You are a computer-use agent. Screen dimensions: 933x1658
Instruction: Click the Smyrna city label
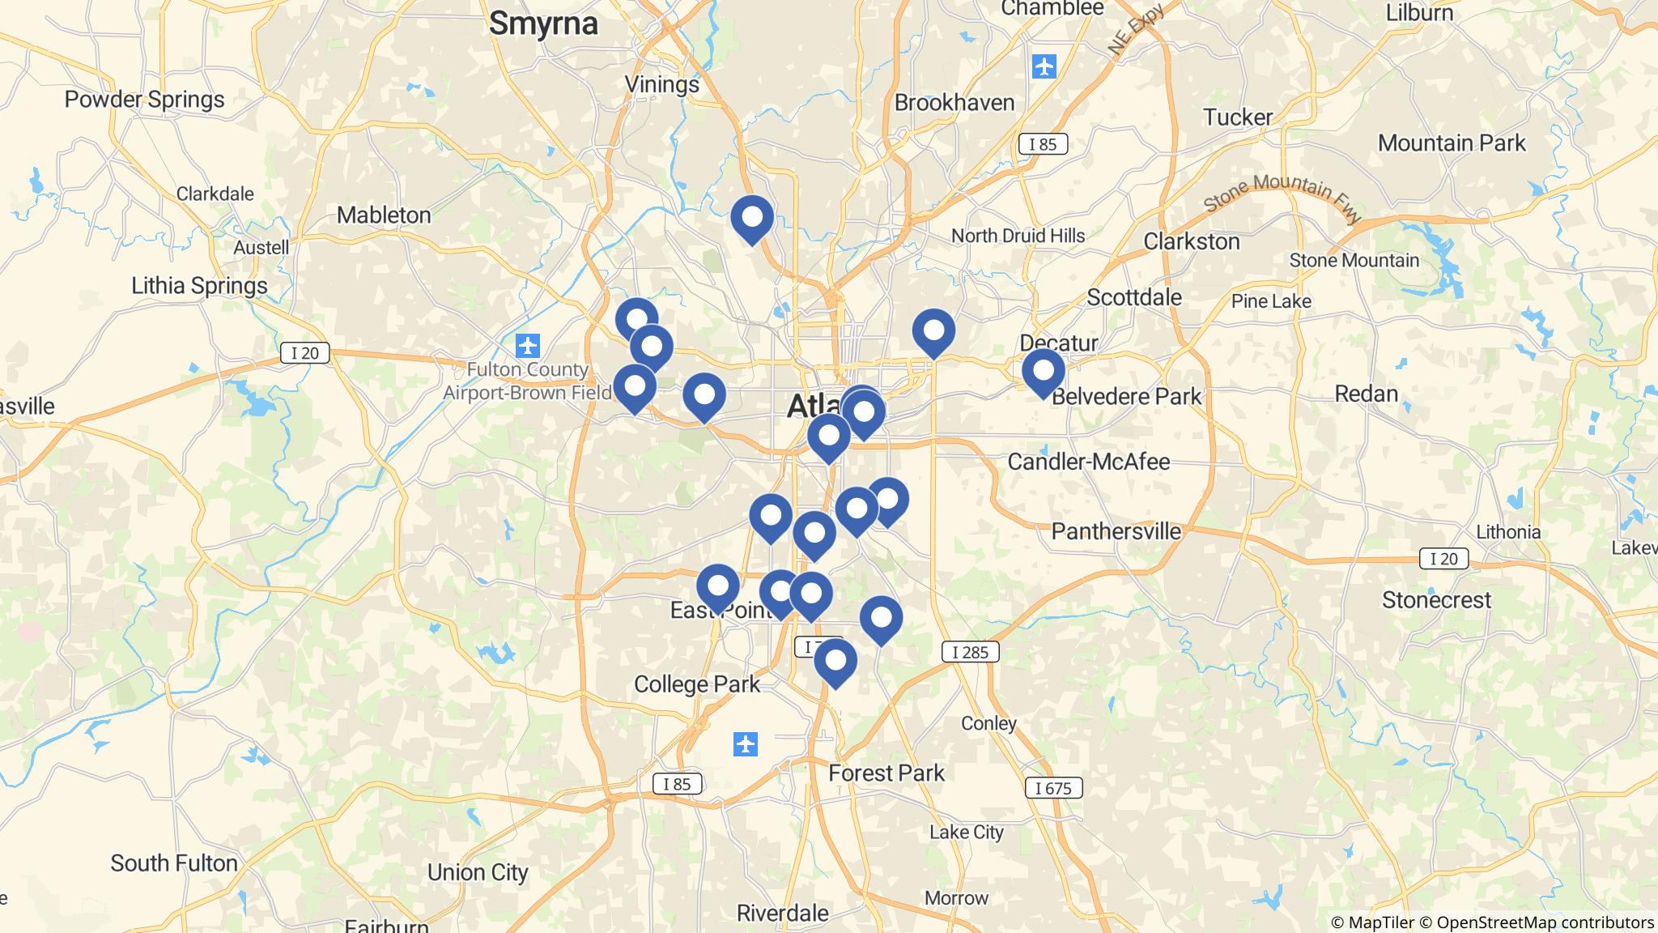point(543,23)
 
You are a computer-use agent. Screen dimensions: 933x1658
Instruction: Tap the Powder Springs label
point(145,100)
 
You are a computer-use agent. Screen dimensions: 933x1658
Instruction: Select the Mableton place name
point(384,215)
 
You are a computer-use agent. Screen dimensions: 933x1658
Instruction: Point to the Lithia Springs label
point(199,286)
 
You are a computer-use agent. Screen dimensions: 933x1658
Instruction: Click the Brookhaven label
point(954,104)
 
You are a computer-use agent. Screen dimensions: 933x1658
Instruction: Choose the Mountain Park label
point(1452,143)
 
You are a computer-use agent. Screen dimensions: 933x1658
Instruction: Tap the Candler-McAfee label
point(1089,462)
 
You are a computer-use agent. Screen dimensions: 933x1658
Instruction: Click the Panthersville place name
point(1116,532)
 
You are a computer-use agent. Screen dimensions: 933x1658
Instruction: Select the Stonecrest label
point(1436,601)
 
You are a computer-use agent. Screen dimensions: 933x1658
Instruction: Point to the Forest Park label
point(886,773)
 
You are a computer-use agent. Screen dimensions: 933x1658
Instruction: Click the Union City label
point(478,873)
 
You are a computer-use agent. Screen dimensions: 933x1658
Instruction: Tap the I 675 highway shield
point(1052,788)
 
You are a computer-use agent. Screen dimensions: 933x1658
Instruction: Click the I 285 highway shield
point(970,652)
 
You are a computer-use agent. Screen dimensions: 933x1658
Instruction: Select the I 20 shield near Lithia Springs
point(305,353)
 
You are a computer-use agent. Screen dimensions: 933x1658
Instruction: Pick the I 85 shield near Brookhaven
point(1043,145)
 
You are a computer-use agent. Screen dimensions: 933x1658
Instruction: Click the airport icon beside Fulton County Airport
point(528,346)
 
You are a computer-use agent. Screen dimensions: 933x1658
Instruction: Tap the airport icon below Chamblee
point(1044,66)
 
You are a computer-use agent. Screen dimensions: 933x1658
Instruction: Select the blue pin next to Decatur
point(1043,371)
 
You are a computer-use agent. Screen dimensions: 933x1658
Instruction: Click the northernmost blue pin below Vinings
point(752,217)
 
